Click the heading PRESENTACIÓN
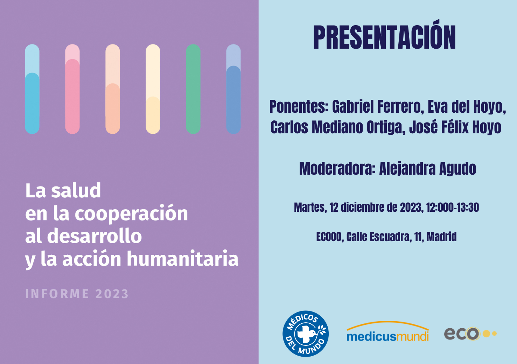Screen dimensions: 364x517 click(x=384, y=37)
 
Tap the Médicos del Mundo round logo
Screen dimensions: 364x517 click(x=306, y=334)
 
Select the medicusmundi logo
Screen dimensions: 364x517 click(x=387, y=332)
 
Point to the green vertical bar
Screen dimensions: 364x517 click(x=193, y=89)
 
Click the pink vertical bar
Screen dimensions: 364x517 click(x=72, y=89)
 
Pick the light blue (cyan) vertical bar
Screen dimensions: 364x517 click(x=32, y=89)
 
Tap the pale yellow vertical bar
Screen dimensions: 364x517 click(x=153, y=89)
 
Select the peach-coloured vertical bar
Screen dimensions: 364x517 click(x=113, y=89)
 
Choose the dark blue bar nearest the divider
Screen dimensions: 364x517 click(x=233, y=89)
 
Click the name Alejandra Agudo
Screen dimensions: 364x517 click(x=427, y=169)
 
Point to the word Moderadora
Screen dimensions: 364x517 click(x=337, y=169)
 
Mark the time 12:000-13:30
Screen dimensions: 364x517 click(x=452, y=208)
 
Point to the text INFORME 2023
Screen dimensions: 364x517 click(x=77, y=294)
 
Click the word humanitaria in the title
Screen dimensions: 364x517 click(x=182, y=259)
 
